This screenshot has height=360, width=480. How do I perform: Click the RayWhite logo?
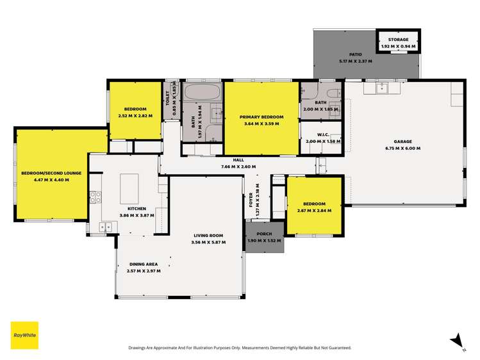pyautogui.click(x=24, y=334)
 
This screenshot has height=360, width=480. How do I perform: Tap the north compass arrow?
pyautogui.click(x=456, y=340)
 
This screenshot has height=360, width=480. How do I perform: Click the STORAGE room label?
pyautogui.click(x=397, y=40)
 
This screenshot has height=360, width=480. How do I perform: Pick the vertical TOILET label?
pyautogui.click(x=168, y=96)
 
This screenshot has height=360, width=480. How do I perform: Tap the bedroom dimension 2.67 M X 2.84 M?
pyautogui.click(x=311, y=209)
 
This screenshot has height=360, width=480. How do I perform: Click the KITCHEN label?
pyautogui.click(x=136, y=209)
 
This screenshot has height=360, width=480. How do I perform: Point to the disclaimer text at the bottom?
pyautogui.click(x=240, y=348)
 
